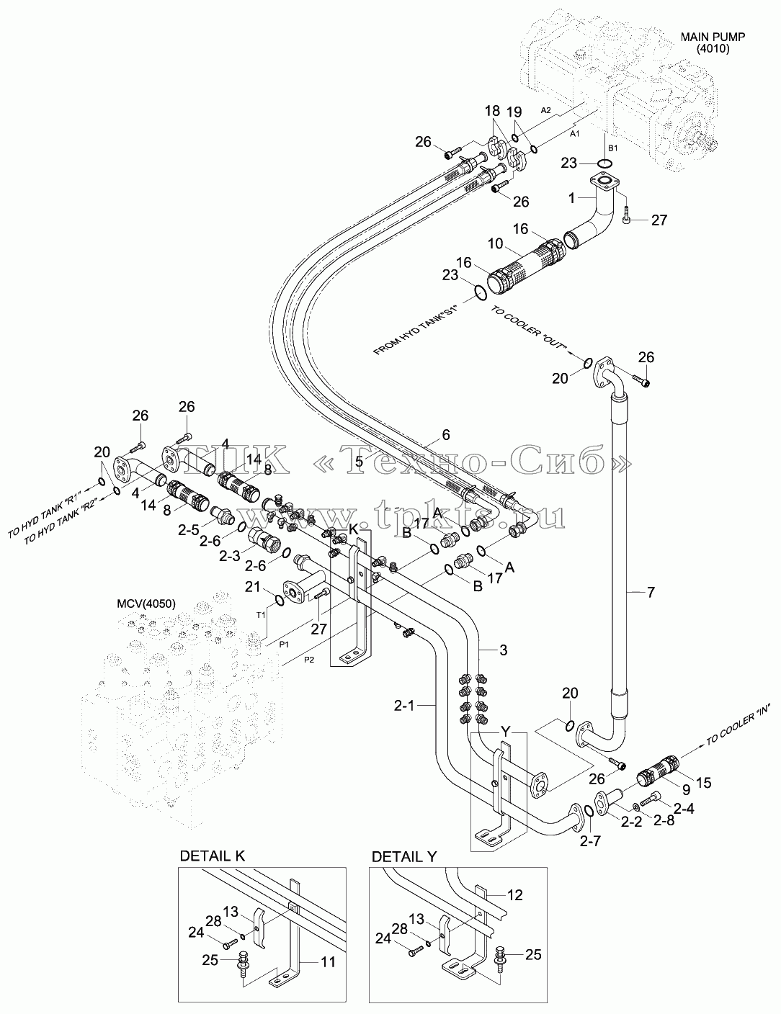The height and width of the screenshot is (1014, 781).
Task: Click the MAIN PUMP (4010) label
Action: coord(713,42)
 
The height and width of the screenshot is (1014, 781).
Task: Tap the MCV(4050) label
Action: coord(146,604)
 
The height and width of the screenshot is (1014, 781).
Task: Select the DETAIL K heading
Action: coord(213,856)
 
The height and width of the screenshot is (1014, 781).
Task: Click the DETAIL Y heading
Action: coord(404,857)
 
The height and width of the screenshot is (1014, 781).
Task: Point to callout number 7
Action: coord(651,593)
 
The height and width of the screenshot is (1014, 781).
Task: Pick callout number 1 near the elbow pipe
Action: coord(572,198)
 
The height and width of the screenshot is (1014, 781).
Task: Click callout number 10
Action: coord(495,243)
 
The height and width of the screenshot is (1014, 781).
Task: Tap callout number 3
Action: coord(503,650)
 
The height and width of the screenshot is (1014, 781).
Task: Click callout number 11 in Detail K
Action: coord(329,961)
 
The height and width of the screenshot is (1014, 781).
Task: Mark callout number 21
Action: coord(253,586)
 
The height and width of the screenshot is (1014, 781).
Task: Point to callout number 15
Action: coord(703,783)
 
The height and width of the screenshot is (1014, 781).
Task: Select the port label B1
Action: coord(612,148)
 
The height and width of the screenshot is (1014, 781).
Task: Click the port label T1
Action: coord(261,615)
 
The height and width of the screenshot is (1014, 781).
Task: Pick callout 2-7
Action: coord(590,840)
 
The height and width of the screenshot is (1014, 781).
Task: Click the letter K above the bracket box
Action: coord(354,529)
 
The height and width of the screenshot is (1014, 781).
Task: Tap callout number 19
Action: coord(514,112)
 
